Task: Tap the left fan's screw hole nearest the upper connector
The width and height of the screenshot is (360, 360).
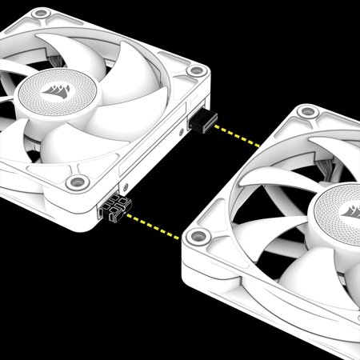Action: (195, 71)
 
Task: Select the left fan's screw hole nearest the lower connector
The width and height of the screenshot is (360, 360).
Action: (77, 183)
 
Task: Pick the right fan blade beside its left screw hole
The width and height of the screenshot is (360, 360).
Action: (240, 240)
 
